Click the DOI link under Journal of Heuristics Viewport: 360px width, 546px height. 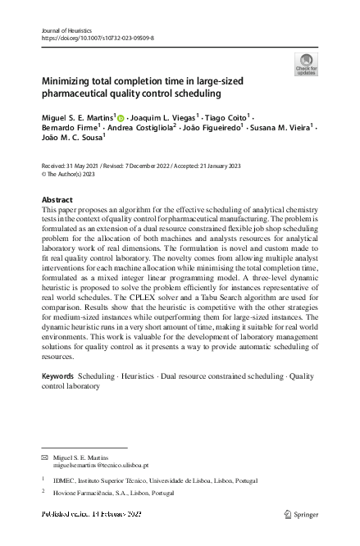tap(97, 38)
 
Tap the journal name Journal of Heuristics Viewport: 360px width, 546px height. tap(66, 30)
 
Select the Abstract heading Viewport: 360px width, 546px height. tap(57, 200)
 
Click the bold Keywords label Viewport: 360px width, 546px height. tap(57, 375)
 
